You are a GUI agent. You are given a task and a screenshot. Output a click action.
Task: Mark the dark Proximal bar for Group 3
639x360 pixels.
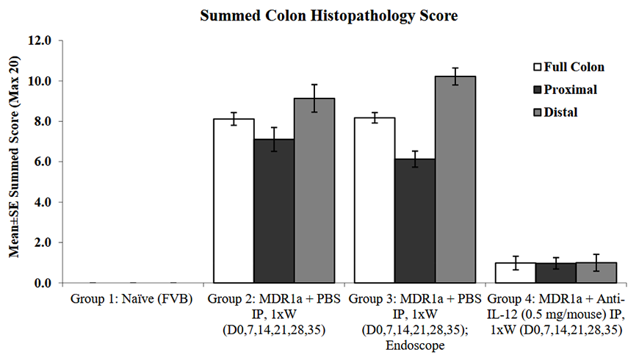point(415,220)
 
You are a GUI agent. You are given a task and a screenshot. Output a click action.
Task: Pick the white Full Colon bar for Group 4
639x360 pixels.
point(516,273)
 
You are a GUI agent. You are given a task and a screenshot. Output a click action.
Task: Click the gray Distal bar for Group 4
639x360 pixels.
point(596,273)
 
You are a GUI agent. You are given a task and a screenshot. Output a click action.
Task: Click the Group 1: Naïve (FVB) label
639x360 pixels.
point(132,299)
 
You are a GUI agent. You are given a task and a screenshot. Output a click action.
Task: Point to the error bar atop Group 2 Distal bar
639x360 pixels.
point(314,98)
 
